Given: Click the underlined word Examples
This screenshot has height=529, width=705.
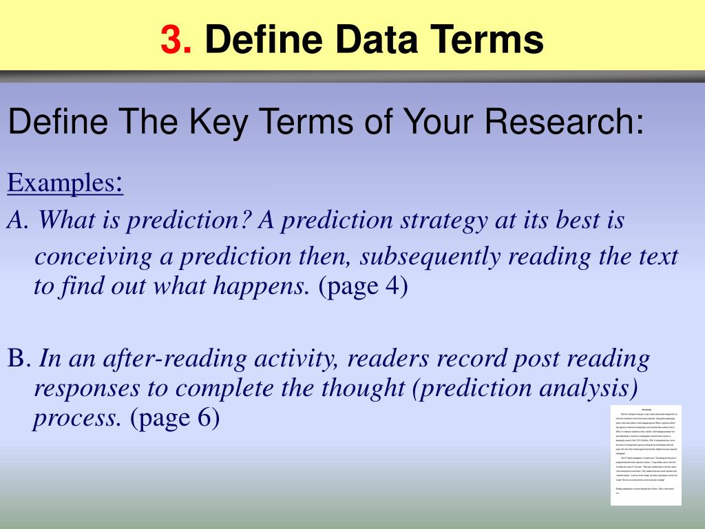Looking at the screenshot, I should (x=62, y=184).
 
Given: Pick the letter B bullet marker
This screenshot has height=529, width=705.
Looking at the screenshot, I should (x=17, y=359).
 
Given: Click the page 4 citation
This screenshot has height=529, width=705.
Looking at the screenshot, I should (x=364, y=286).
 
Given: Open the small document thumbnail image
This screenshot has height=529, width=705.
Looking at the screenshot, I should (x=645, y=455).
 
